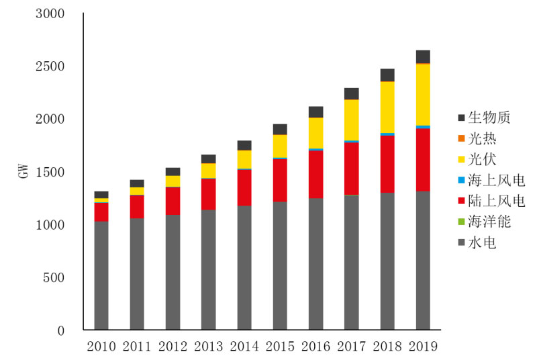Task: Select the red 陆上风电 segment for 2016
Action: tap(315, 174)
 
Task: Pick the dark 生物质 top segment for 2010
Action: tap(101, 195)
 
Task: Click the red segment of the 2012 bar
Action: tap(173, 201)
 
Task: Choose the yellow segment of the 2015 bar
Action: tap(280, 146)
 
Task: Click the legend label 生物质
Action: tap(489, 118)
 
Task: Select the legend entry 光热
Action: tap(483, 138)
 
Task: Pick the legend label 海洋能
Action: tap(489, 222)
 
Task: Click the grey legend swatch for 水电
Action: tap(461, 243)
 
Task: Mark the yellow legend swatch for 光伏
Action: tap(461, 160)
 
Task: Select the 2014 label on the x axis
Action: tap(244, 347)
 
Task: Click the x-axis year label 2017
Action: tap(352, 347)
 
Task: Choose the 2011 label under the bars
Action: tap(137, 347)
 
